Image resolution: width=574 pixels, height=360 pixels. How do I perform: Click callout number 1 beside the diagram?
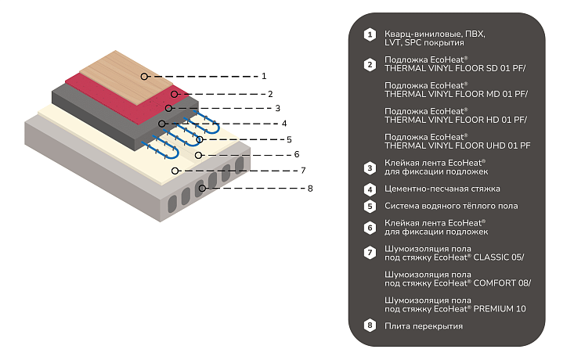coord(264,76)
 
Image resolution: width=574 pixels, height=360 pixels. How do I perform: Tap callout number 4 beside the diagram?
coord(284,124)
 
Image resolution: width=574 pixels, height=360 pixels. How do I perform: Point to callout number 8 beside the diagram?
coord(310,189)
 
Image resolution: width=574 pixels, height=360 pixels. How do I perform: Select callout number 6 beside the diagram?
coord(297,154)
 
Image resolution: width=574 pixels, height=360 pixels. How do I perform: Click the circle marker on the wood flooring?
coord(144,77)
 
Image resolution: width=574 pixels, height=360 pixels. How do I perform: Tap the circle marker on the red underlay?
coord(175,95)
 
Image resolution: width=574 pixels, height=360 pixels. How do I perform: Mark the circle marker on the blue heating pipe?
coord(200,139)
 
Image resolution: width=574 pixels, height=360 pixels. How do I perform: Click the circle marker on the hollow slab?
coord(202,189)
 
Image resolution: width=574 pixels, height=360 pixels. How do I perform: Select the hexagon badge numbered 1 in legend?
coord(370,34)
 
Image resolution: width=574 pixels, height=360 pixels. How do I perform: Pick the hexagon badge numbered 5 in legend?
coord(370,207)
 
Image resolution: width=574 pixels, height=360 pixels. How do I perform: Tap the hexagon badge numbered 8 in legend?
coord(370,326)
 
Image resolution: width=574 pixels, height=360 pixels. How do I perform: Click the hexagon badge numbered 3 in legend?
coord(370,168)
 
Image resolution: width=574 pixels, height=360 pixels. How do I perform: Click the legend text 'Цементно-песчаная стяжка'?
coord(442,189)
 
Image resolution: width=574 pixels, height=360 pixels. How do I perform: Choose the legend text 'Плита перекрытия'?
coord(424,326)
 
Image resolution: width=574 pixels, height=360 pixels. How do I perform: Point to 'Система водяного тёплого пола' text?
coord(451,206)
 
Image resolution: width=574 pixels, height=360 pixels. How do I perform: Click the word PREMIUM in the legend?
coord(493,309)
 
